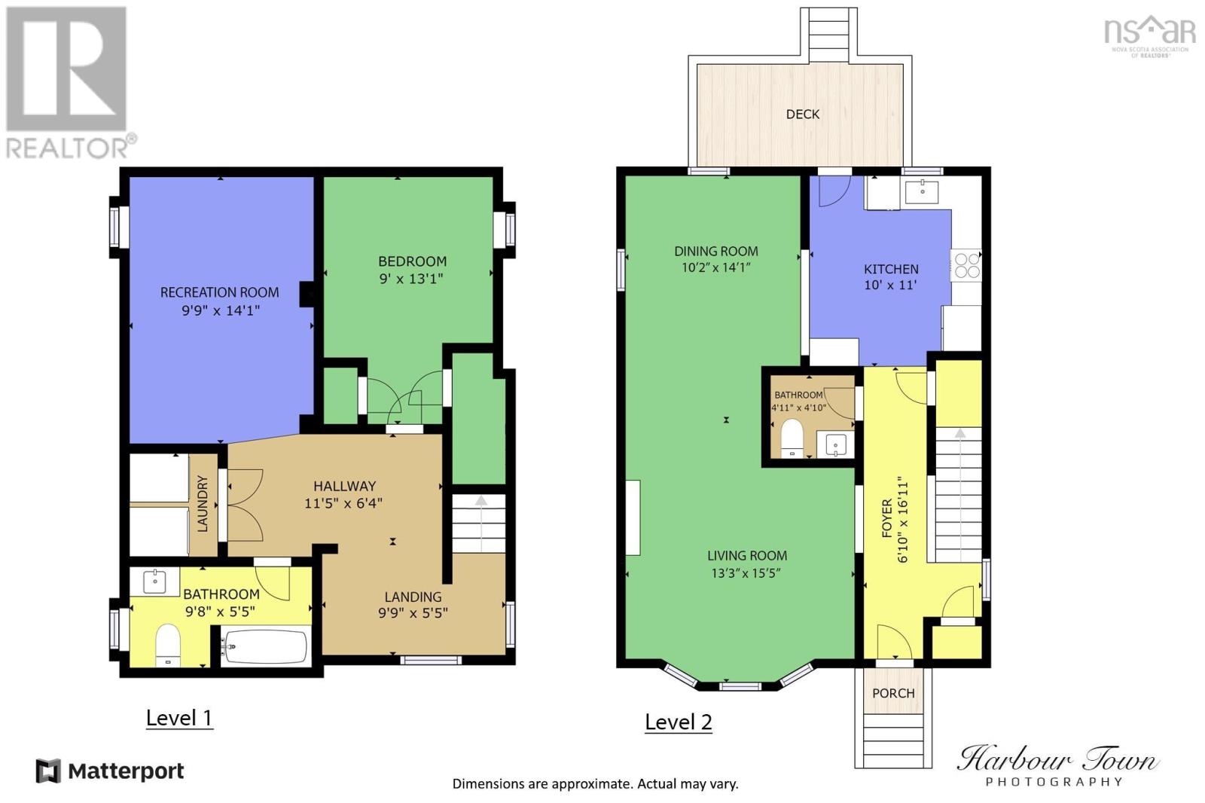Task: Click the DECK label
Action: tap(803, 114)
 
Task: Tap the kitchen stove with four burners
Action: tap(966, 265)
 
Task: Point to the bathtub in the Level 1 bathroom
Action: tap(266, 646)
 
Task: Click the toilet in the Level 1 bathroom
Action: tap(168, 645)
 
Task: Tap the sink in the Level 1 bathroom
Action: tap(155, 581)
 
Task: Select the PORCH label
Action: tap(893, 693)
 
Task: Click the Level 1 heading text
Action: tap(179, 718)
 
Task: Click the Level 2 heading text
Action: tap(679, 722)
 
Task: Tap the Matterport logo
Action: tap(110, 771)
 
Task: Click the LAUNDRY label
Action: tap(203, 504)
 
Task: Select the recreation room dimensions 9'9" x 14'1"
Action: tap(221, 310)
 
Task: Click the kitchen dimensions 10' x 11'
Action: tap(890, 285)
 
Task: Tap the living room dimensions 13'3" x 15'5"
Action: tap(746, 573)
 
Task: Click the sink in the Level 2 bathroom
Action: tap(835, 444)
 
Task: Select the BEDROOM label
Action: tap(413, 261)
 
